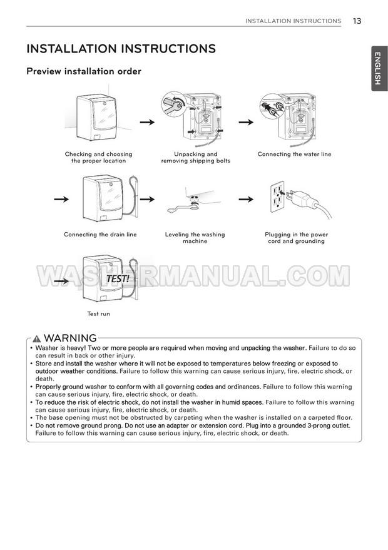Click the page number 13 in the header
[x=357, y=21]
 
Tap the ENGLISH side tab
[x=379, y=68]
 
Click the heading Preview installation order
[x=84, y=71]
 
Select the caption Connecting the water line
[x=294, y=154]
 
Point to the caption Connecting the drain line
[x=100, y=234]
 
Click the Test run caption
[x=99, y=313]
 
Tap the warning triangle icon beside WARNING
[x=36, y=339]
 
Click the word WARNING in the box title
[x=70, y=338]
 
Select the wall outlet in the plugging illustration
[x=277, y=196]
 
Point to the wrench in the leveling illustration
[x=183, y=208]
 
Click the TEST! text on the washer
[x=118, y=279]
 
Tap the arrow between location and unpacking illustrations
[x=147, y=122]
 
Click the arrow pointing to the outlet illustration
[x=246, y=199]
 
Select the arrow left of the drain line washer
[x=61, y=199]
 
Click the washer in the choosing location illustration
[x=96, y=117]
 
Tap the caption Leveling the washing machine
[x=195, y=238]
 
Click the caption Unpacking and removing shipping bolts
[x=196, y=158]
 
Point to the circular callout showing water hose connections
[x=272, y=106]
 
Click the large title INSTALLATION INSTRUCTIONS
[x=121, y=48]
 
